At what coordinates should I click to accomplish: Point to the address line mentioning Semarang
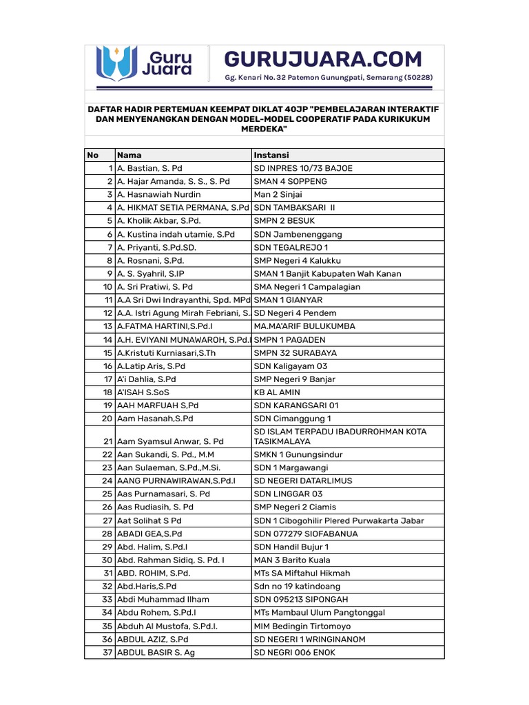click(329, 78)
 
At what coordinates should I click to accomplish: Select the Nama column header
click(129, 155)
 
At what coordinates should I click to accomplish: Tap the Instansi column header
click(271, 155)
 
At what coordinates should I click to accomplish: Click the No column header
click(93, 155)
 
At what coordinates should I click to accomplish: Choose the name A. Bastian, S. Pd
click(149, 168)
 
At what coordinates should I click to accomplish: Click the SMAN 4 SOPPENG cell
click(290, 181)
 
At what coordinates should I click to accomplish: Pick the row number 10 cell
click(107, 286)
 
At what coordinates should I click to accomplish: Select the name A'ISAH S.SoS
click(142, 392)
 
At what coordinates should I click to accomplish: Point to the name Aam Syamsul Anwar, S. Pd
click(170, 441)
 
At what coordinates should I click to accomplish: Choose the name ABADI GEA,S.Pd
click(149, 534)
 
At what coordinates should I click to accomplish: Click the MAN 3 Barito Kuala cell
click(292, 560)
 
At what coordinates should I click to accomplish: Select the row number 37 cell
click(107, 652)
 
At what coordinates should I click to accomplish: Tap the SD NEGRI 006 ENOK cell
click(295, 652)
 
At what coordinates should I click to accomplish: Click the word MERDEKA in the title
click(264, 129)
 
